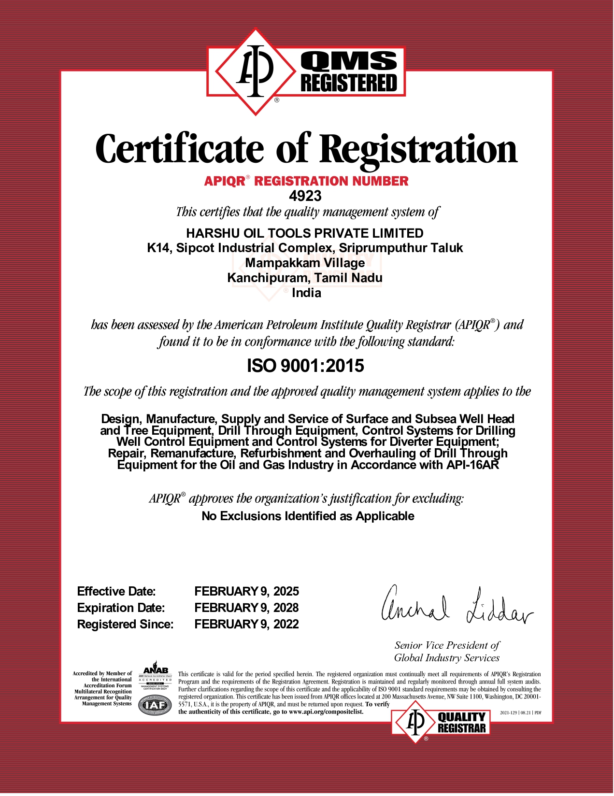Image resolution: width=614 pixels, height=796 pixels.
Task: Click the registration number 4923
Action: pos(305,196)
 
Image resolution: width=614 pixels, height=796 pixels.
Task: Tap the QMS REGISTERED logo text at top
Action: pos(349,73)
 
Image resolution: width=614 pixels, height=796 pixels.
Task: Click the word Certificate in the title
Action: pos(180,149)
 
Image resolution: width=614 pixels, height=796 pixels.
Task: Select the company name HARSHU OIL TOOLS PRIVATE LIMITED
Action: pos(305,234)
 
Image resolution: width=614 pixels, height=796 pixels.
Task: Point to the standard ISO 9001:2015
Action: pos(305,366)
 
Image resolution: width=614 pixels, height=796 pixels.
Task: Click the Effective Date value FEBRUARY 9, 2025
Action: pos(246,592)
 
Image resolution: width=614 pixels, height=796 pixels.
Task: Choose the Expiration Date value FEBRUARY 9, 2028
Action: pos(246,608)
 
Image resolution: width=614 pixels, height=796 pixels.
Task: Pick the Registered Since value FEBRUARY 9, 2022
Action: pos(246,625)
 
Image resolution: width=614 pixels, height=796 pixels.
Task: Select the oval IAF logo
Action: pos(155,706)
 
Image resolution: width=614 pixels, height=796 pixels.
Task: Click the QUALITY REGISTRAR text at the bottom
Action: pos(461,723)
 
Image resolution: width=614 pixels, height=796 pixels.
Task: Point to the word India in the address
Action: pos(306,293)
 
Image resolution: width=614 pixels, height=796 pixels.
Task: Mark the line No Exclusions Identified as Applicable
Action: pos(308,516)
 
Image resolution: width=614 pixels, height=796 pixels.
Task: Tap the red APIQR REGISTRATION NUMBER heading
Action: pos(306,182)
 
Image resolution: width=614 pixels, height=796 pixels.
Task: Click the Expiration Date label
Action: pos(121,608)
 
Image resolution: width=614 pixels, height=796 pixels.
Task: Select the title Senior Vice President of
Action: pos(447,646)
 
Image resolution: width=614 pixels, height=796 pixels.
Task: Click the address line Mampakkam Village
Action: pos(305,263)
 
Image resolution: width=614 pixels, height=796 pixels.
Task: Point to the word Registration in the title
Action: pos(418,149)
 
